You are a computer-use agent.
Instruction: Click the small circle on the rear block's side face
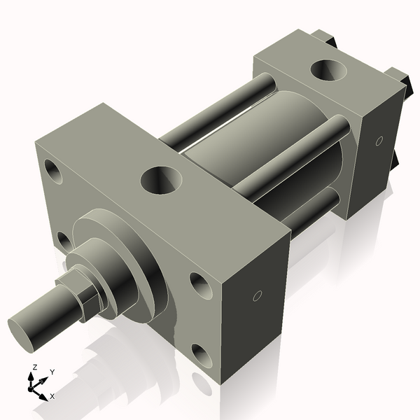[379, 141]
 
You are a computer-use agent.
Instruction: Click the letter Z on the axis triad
[34, 367]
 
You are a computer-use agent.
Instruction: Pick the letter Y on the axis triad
[52, 372]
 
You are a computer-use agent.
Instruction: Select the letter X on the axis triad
[52, 396]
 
